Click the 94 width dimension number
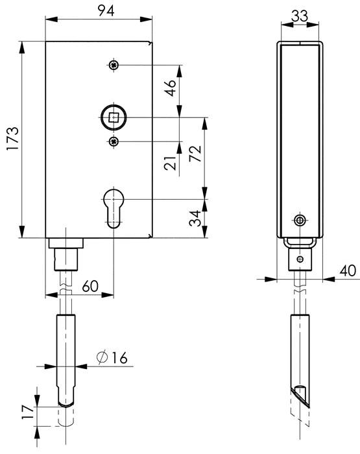coord(99,10)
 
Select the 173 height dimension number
coord(13,139)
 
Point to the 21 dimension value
coord(171,163)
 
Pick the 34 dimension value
coord(196,219)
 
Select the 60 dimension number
coord(91,286)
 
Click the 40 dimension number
coord(348,270)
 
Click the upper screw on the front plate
coord(114,65)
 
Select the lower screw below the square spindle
coord(114,141)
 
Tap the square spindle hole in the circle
coord(114,117)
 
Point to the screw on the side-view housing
coord(299,221)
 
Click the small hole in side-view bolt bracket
coord(299,259)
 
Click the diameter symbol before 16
coord(101,357)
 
